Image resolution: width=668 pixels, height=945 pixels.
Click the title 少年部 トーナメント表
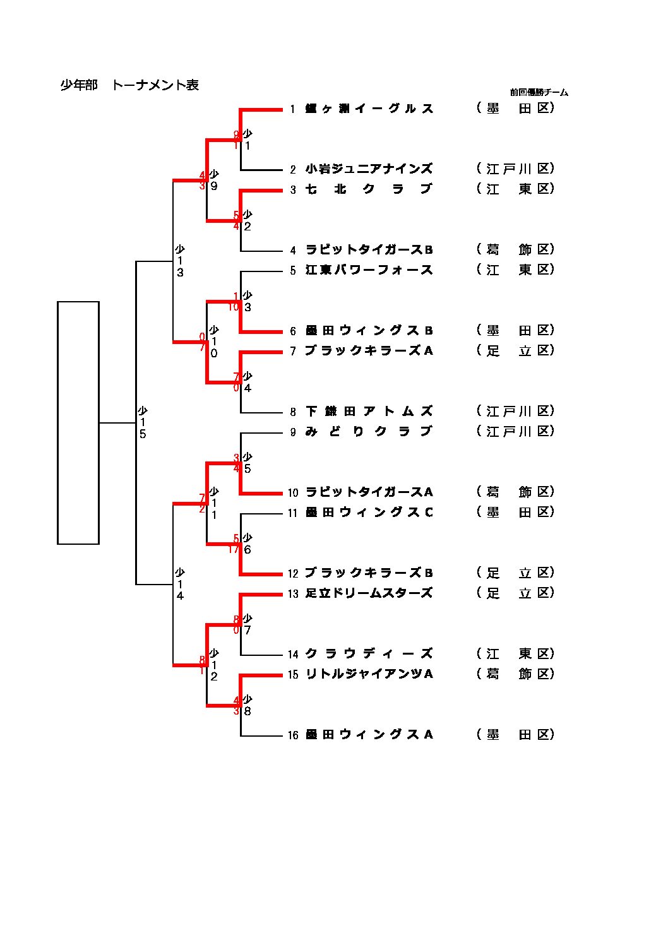tap(129, 85)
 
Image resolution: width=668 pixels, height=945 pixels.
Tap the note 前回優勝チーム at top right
tap(539, 92)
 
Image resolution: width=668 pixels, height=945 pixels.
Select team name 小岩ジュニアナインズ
tap(369, 169)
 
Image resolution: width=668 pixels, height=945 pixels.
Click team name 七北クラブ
tap(369, 189)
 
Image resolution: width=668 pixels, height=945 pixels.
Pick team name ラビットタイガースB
tap(369, 249)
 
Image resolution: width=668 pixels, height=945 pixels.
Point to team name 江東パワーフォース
tap(369, 270)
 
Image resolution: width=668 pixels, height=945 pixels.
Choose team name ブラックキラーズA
tap(369, 350)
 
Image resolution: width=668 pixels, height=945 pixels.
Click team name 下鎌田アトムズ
tap(369, 411)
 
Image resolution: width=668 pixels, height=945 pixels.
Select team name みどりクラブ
tap(369, 431)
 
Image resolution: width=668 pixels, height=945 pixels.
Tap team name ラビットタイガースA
tap(369, 492)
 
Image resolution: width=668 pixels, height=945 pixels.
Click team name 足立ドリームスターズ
tap(369, 593)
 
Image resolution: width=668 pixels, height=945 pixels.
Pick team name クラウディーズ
tap(369, 653)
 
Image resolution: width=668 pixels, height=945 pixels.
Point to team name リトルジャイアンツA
tap(369, 674)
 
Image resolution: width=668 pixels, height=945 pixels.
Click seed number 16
tap(293, 735)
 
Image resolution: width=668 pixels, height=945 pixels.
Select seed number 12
tap(293, 573)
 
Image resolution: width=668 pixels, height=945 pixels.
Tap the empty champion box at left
tap(78, 422)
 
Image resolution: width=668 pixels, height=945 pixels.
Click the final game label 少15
tap(143, 422)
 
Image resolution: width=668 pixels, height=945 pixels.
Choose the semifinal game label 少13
tap(180, 261)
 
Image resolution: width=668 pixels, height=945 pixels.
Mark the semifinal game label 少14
tap(180, 584)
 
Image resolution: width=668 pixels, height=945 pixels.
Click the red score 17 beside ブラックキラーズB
tap(234, 549)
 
